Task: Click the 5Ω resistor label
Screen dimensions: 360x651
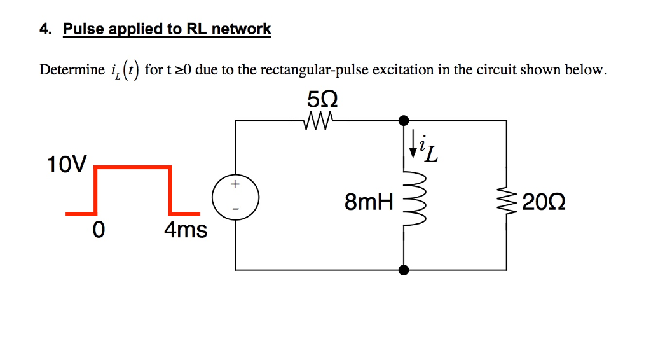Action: click(322, 100)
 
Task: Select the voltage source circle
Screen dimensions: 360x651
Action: click(235, 200)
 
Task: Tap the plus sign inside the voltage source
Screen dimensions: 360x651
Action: click(235, 185)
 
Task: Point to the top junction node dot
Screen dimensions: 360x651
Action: click(403, 120)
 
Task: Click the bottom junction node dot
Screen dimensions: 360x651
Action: click(403, 270)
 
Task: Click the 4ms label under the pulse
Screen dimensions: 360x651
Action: click(186, 230)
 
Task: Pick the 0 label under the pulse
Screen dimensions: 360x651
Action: click(97, 230)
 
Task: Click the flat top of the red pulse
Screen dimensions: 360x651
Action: click(133, 167)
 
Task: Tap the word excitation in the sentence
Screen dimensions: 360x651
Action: click(405, 69)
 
